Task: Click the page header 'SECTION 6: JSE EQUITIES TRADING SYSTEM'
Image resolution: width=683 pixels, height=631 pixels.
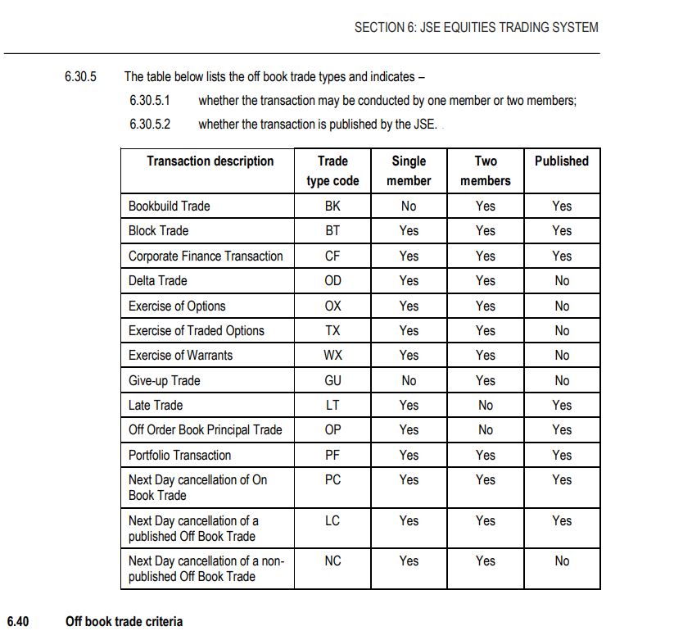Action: point(476,27)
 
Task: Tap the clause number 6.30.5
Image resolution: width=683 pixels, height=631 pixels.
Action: point(80,77)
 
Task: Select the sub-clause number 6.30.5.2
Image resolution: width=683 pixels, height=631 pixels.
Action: point(150,125)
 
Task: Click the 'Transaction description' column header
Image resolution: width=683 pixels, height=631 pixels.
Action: point(210,161)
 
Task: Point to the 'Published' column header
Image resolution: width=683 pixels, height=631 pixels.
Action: point(561,161)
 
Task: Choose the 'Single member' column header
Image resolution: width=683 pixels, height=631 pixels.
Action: point(409,170)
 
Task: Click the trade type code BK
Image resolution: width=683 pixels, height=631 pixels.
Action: point(332,207)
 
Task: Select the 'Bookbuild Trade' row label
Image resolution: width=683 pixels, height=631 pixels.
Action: point(169,207)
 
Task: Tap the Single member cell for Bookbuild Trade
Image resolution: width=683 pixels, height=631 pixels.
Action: point(409,207)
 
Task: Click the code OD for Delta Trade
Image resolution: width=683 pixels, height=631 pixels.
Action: point(332,281)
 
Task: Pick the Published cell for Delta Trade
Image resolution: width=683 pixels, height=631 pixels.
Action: point(561,281)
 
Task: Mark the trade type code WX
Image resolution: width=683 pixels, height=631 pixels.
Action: point(332,356)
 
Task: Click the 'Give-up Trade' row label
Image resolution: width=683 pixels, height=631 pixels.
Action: point(164,381)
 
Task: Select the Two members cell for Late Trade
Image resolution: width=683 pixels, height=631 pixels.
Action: point(486,406)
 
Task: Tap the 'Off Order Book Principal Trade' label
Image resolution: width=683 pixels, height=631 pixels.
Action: point(205,430)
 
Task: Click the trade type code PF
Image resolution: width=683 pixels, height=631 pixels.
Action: point(332,456)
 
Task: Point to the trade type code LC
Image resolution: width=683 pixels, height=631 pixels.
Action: point(332,521)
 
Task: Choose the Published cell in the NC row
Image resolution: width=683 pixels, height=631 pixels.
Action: point(561,561)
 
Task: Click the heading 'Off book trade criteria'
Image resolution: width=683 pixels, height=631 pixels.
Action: point(124,621)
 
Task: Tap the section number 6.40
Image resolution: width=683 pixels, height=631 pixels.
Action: point(18,621)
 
